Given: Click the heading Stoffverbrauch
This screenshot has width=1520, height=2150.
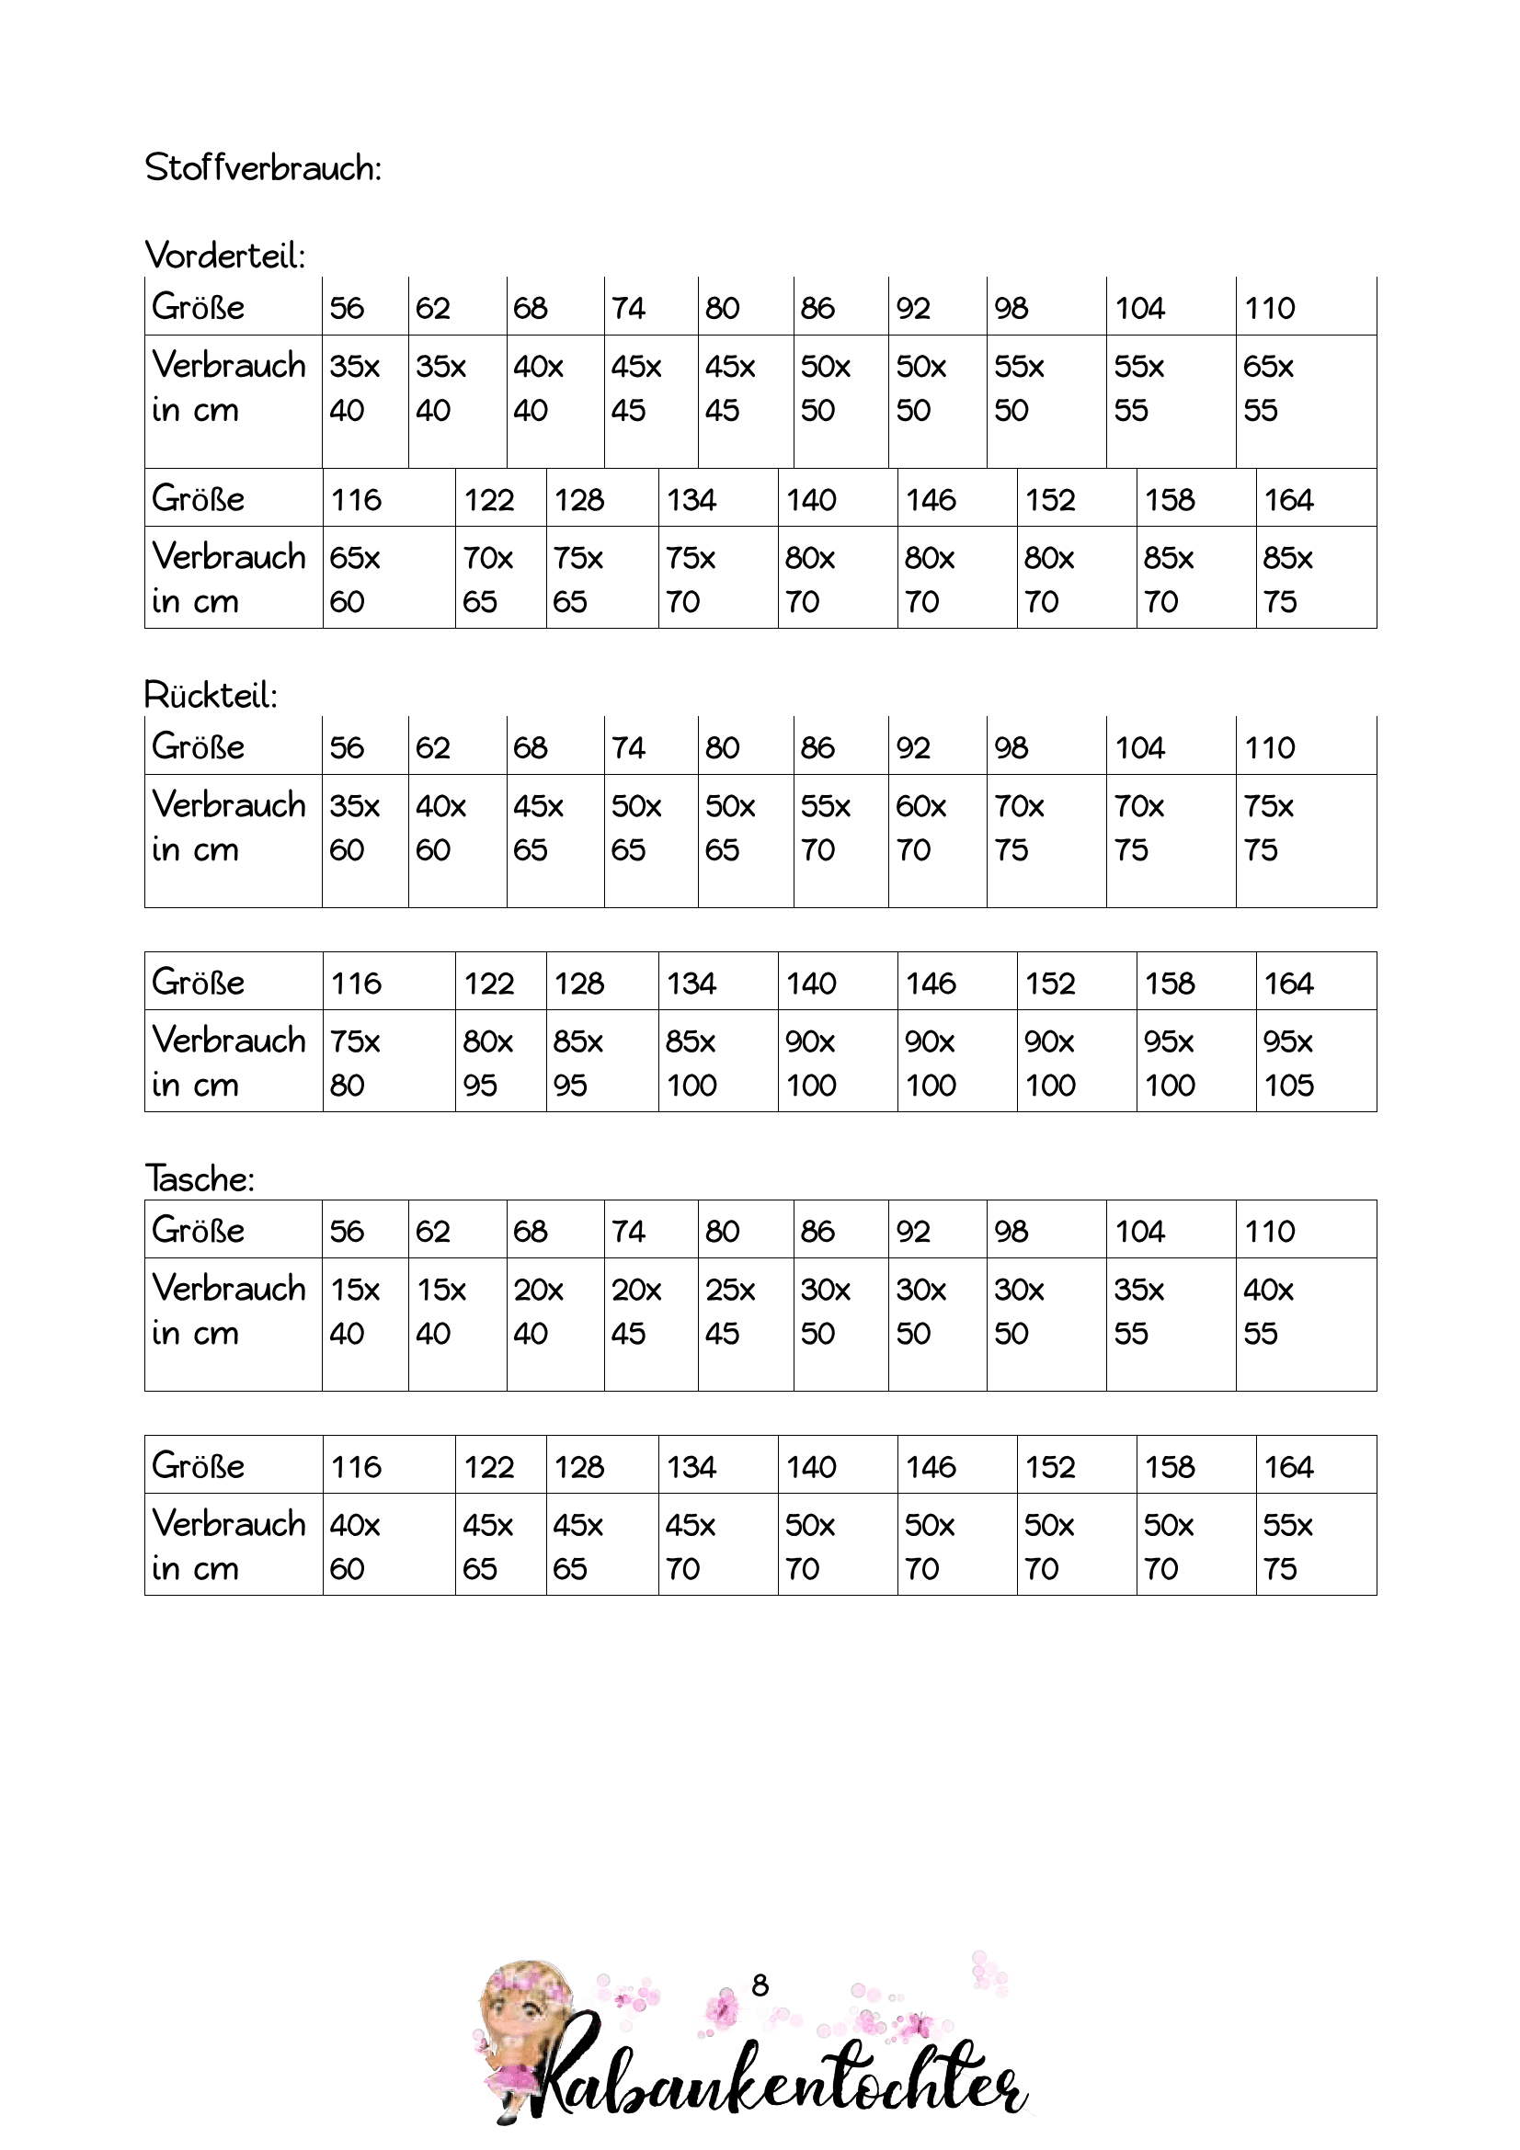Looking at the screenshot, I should pyautogui.click(x=263, y=168).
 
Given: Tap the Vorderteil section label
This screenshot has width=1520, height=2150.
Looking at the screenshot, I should pyautogui.click(x=224, y=256).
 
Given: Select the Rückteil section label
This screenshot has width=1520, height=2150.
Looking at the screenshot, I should pyautogui.click(x=211, y=696).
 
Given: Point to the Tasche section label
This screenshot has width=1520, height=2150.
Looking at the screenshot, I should pyautogui.click(x=200, y=1179).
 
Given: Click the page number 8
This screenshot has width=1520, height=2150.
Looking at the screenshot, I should pyautogui.click(x=760, y=1985).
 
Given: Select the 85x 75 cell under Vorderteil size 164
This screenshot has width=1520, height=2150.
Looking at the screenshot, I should pyautogui.click(x=1287, y=580).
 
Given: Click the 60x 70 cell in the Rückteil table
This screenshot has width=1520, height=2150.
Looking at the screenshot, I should pyautogui.click(x=920, y=828).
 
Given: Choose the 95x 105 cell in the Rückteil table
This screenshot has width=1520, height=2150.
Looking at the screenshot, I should pyautogui.click(x=1288, y=1063).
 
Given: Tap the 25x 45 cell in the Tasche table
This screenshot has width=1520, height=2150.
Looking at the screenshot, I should pyautogui.click(x=729, y=1311).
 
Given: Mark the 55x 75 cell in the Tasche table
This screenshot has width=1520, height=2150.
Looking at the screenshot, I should pyautogui.click(x=1287, y=1547).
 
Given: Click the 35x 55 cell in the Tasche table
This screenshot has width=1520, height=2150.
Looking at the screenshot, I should pyautogui.click(x=1138, y=1311).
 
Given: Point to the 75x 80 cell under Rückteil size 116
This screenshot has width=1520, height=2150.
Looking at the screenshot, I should pyautogui.click(x=355, y=1063).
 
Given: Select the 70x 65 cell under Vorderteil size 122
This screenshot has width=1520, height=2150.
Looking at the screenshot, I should pyautogui.click(x=488, y=580).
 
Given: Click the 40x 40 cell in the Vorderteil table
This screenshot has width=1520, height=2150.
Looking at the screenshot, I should pyautogui.click(x=539, y=388).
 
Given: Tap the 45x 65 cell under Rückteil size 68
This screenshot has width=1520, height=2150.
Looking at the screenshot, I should pyautogui.click(x=539, y=828).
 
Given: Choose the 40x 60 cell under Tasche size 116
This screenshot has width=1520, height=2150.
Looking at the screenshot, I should pyautogui.click(x=355, y=1547).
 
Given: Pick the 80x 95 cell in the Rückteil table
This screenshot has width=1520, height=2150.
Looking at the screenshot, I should pyautogui.click(x=488, y=1063).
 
